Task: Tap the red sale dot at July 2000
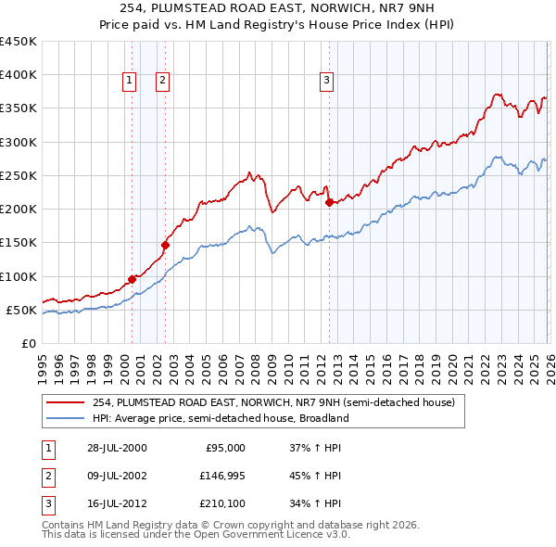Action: click(132, 279)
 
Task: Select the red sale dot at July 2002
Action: click(166, 245)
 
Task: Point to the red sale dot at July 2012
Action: click(329, 202)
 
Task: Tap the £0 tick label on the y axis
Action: click(28, 343)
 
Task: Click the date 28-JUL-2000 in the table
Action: click(117, 448)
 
